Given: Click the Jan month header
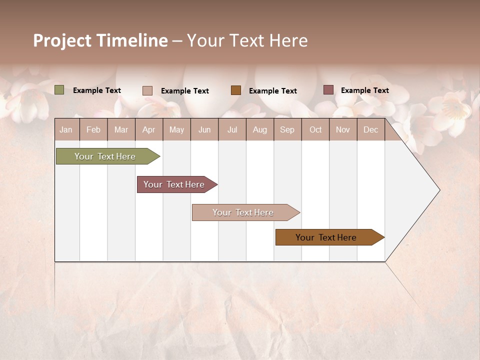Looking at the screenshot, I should click(66, 129).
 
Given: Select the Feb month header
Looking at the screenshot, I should click(93, 129).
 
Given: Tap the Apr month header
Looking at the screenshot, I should click(148, 129).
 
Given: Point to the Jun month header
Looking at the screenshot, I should click(204, 129).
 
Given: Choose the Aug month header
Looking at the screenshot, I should click(259, 129).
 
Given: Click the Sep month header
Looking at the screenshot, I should click(287, 129).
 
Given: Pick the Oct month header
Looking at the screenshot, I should click(315, 129).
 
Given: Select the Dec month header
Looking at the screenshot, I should click(370, 129).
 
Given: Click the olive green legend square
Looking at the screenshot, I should click(59, 90).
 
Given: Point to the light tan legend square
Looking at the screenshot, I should click(147, 90).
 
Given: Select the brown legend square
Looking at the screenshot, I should click(236, 90).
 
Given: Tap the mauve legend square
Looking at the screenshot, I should click(328, 90).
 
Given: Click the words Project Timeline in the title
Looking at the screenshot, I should click(100, 40).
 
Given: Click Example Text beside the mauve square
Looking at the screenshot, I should click(364, 90).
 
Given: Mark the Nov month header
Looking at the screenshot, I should click(343, 129).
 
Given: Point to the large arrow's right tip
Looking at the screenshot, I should click(439, 190).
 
